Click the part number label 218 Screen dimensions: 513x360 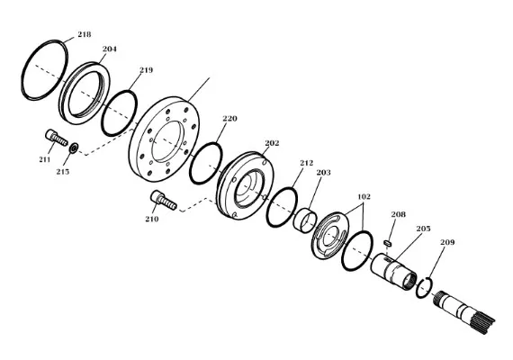tap(84, 34)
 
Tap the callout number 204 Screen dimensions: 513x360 tap(110, 49)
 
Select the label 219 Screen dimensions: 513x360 tap(146, 70)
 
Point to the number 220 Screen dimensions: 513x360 tap(229, 119)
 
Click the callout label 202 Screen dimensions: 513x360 tap(272, 143)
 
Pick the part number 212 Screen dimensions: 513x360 tap(307, 163)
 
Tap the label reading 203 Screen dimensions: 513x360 tap(324, 172)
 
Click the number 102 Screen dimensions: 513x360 tap(364, 197)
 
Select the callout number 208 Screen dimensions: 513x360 tap(398, 214)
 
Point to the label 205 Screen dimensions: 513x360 tap(423, 229)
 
